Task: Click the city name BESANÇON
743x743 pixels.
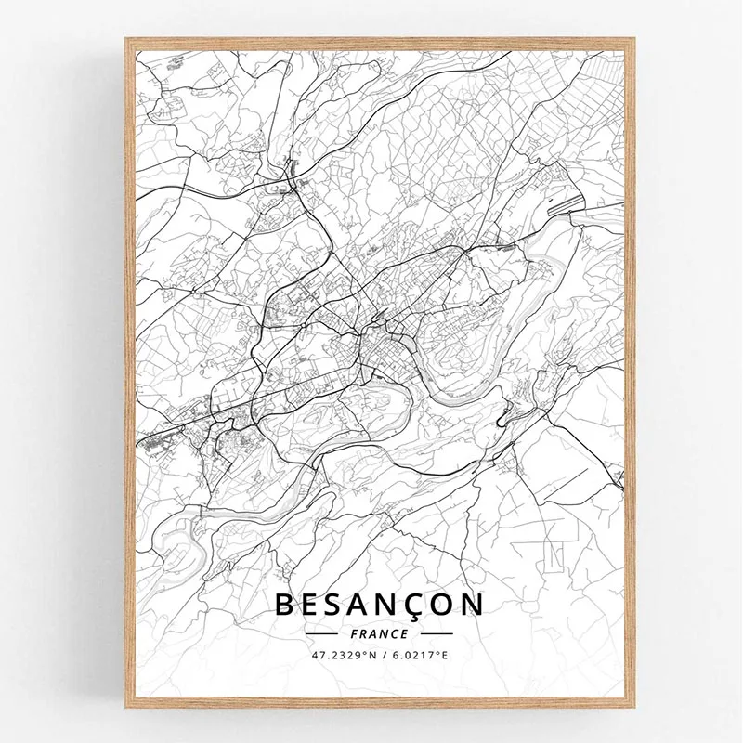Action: tap(379, 605)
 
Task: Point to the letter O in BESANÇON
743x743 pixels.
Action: tap(441, 605)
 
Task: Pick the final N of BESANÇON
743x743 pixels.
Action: tap(473, 605)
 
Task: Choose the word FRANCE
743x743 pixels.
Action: tap(380, 634)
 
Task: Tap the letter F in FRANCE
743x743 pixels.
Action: tap(357, 634)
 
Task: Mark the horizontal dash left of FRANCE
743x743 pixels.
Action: tap(325, 634)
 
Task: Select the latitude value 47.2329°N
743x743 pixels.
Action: tap(343, 657)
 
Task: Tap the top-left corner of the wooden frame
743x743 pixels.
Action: tap(128, 40)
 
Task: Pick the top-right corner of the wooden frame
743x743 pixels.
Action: tap(634, 40)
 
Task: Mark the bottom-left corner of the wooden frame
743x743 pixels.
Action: tap(128, 703)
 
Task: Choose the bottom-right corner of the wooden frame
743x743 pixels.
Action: tap(634, 703)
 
